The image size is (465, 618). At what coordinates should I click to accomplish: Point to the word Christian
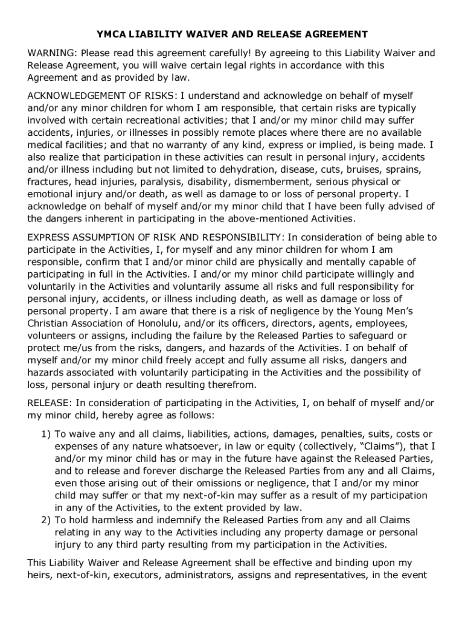pos(48,323)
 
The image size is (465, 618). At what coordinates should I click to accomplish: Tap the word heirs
pos(39,575)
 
